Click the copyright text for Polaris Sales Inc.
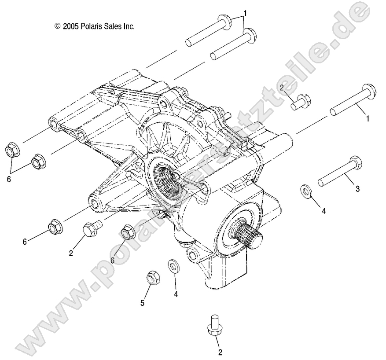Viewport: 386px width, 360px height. (94, 26)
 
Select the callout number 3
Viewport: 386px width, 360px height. (357, 189)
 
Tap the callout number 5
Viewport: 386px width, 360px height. (142, 303)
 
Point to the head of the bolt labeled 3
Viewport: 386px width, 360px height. (356, 163)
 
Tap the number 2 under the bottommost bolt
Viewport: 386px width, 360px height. (220, 352)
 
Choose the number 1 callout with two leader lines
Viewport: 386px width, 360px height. (245, 14)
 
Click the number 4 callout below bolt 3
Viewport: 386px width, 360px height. (324, 211)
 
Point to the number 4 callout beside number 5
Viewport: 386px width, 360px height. (176, 294)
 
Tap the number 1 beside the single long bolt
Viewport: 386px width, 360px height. (368, 119)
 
